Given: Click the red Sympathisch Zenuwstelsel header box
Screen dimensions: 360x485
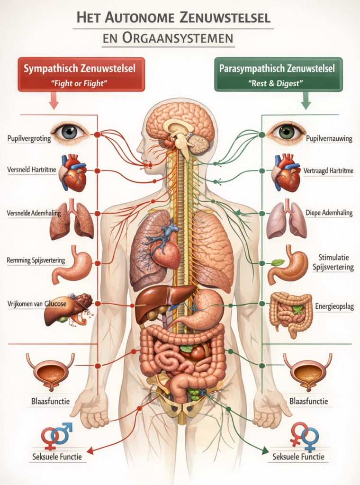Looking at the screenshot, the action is (81, 74).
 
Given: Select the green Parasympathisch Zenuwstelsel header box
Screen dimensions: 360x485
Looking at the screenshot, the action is (279, 74).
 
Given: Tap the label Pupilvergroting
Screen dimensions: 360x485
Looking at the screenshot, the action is (29, 138).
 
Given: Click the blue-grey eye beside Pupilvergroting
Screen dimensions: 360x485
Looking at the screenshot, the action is (70, 133).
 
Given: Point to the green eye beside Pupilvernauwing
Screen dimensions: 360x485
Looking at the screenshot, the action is (286, 133).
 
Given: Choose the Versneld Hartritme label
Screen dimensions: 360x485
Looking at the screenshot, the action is (32, 170).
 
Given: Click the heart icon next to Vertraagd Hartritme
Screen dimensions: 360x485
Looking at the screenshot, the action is (286, 172).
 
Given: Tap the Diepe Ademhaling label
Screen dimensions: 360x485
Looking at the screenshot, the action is (329, 213).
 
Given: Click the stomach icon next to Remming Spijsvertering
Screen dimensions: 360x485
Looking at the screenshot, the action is (72, 265).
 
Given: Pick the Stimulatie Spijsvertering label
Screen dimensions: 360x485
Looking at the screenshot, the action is (333, 262).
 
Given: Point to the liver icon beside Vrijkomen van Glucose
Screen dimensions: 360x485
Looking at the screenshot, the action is (69, 310).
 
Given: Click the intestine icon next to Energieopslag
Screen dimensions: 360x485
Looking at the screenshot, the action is (291, 314).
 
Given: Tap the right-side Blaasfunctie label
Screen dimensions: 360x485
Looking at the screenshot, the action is (309, 402).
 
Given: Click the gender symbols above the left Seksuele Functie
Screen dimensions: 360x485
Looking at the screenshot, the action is (56, 436).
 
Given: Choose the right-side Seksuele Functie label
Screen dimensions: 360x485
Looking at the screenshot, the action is (298, 457).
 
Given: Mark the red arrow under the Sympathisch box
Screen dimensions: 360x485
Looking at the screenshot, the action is (54, 101).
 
